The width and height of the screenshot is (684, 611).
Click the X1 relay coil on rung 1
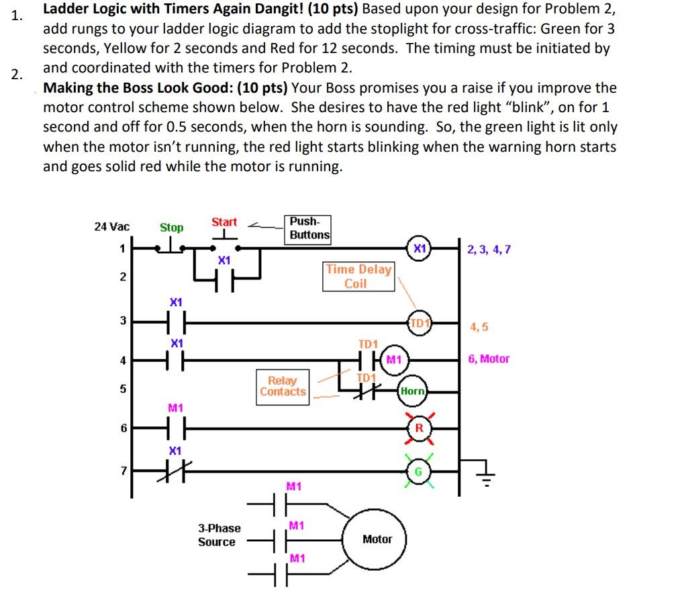[420, 248]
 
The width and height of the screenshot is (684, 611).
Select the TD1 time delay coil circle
[420, 323]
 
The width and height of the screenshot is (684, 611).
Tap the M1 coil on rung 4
[393, 359]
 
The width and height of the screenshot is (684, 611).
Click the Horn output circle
[413, 391]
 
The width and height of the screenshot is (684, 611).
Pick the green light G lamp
[418, 471]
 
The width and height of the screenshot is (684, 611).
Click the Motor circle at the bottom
[377, 539]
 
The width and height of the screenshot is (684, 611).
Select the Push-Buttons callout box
[309, 228]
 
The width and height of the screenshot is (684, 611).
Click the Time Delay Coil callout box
[358, 277]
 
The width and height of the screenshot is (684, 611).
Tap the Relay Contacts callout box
[283, 386]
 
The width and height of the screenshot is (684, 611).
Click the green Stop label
[171, 228]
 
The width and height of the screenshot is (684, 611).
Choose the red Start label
[224, 222]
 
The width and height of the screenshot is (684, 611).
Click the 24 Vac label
[111, 227]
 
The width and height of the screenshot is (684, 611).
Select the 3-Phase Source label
[219, 535]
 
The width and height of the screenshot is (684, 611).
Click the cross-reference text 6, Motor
[489, 359]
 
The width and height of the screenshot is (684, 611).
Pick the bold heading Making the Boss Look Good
[166, 88]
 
